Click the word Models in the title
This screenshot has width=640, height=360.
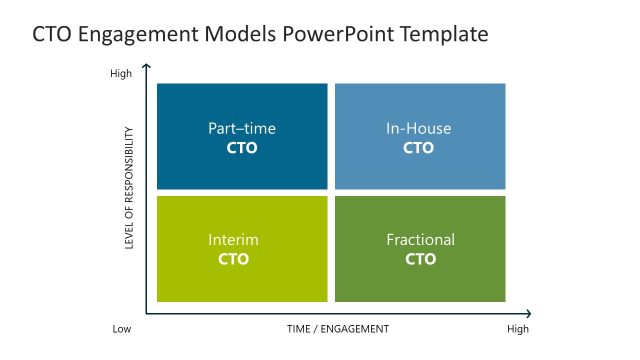tap(239, 35)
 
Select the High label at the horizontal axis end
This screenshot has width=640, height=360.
tap(517, 329)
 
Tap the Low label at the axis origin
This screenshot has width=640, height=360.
tap(121, 329)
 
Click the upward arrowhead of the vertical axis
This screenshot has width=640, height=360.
tap(147, 67)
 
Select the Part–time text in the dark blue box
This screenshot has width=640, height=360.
tap(242, 128)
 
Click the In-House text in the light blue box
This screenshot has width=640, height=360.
tap(419, 128)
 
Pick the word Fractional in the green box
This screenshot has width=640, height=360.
tap(420, 240)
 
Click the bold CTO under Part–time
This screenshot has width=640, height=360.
tap(242, 148)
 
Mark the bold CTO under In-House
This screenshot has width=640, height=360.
tap(419, 148)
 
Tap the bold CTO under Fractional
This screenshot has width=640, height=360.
tap(420, 259)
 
